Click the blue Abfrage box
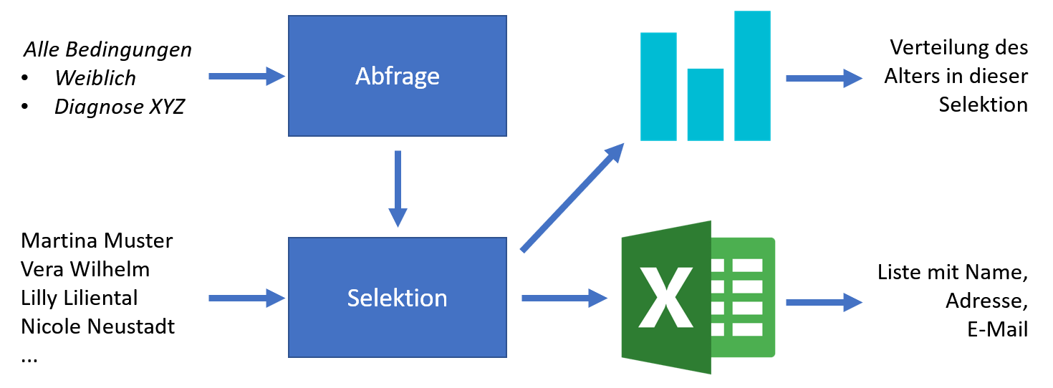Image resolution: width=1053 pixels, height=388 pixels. [x=397, y=76]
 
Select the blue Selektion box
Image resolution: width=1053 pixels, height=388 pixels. [x=397, y=297]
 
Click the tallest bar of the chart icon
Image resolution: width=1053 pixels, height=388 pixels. [x=752, y=75]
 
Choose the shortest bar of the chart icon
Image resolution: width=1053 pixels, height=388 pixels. [x=705, y=105]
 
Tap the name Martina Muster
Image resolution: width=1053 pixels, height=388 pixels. [x=97, y=241]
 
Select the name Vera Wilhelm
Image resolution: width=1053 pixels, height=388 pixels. [x=85, y=269]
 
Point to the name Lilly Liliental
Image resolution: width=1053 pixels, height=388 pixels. [x=80, y=297]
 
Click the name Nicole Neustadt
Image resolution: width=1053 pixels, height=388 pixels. [x=98, y=326]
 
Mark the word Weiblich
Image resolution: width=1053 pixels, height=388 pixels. [x=95, y=77]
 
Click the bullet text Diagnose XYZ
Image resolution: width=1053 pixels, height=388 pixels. [x=120, y=107]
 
